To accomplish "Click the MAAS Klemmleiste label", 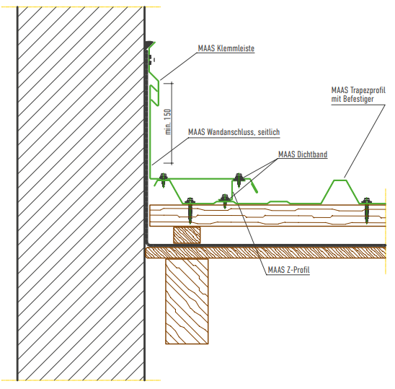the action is pyautogui.click(x=226, y=48).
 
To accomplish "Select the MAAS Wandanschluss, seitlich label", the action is pyautogui.click(x=234, y=132).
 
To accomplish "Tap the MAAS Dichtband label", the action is pyautogui.click(x=303, y=154).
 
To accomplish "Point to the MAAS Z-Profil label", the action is pyautogui.click(x=289, y=270).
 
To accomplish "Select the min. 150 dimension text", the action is pyautogui.click(x=168, y=122).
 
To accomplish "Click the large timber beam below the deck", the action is pyautogui.click(x=187, y=301).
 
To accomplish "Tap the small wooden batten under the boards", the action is pyautogui.click(x=187, y=235).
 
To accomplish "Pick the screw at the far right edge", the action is pyautogui.click(x=367, y=210).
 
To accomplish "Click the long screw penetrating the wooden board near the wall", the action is pyautogui.click(x=190, y=211).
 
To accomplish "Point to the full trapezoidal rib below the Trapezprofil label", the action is pyautogui.click(x=339, y=191).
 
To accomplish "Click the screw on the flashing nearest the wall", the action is pyautogui.click(x=163, y=180).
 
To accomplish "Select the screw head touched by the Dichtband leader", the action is pyautogui.click(x=239, y=178).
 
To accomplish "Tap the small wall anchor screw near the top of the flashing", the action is pyautogui.click(x=151, y=60).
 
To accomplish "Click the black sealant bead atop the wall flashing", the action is pyautogui.click(x=148, y=44).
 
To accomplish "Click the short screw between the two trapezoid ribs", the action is pyautogui.click(x=224, y=201).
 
